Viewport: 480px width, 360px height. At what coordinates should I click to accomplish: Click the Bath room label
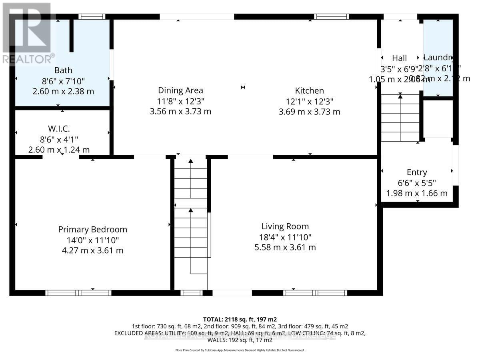pos(63,70)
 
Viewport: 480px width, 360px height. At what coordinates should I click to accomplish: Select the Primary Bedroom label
pos(92,230)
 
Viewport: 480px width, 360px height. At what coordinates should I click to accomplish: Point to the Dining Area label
pos(180,90)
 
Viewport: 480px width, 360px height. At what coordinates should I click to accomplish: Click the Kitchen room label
pos(309,90)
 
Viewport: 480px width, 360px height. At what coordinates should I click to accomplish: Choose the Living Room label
pos(285,226)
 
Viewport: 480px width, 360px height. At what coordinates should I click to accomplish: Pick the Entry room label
pos(417,172)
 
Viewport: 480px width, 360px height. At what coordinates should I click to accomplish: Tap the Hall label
pos(399,58)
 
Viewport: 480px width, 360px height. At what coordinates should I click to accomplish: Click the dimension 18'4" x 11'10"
pos(285,237)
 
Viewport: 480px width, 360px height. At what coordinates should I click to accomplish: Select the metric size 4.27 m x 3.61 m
pos(92,251)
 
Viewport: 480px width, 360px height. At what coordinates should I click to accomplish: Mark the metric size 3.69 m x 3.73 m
pos(309,112)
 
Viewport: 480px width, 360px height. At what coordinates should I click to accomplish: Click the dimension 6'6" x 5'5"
pos(417,183)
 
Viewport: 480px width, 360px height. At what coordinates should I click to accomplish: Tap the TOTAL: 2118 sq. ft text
pos(240,319)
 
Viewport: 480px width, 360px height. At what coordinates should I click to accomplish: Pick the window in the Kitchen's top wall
pos(331,17)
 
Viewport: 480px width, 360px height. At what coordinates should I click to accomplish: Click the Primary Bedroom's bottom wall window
pos(78,293)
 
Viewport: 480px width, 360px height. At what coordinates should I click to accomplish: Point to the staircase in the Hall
pos(400,118)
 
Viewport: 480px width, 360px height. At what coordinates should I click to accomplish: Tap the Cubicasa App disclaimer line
pos(240,350)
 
